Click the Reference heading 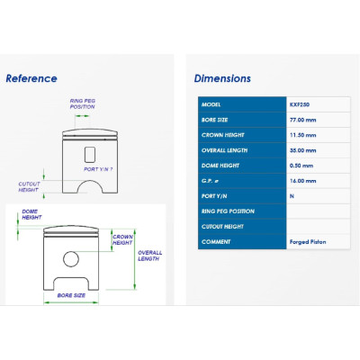click(31, 78)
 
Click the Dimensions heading click(222, 78)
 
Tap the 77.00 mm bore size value click(302, 120)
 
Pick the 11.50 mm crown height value click(302, 135)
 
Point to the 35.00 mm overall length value click(302, 150)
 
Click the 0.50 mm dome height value click(301, 166)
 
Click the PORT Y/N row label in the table click(214, 196)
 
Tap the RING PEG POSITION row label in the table click(228, 211)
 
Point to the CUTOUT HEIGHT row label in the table click(222, 227)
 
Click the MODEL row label click(211, 104)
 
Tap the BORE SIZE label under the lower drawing click(71, 295)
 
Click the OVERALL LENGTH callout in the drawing click(149, 256)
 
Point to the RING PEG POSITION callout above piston click(83, 103)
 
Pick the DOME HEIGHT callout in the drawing click(31, 214)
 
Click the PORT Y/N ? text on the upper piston click(98, 169)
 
